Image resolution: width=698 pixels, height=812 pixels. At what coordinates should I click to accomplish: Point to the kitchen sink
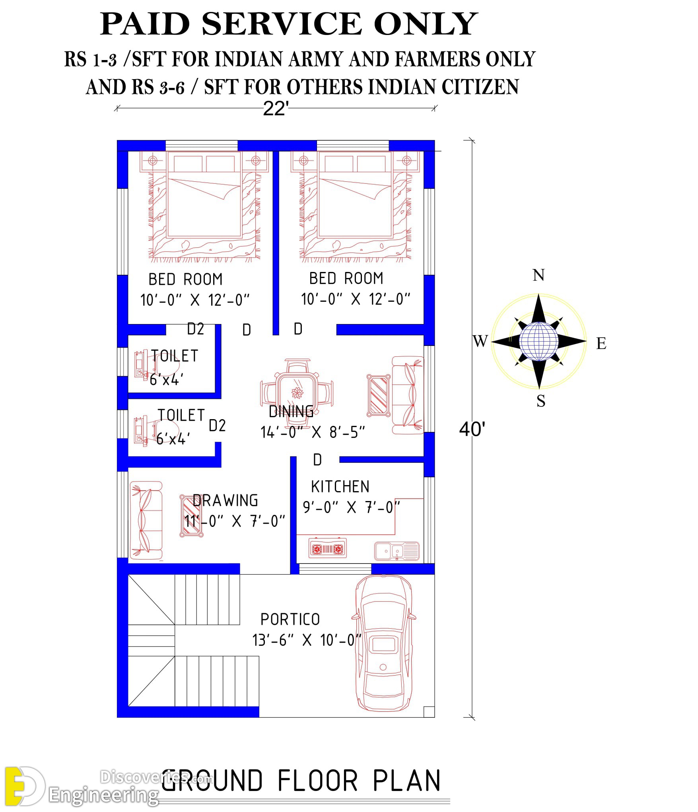click(x=397, y=551)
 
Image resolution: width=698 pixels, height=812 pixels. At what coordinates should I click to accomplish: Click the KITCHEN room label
click(x=340, y=487)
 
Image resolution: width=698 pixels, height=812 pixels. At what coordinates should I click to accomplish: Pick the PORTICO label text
click(x=290, y=619)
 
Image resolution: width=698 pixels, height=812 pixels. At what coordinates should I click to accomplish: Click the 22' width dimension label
click(x=275, y=109)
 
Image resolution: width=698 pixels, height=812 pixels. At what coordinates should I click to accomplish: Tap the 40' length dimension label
click(x=472, y=429)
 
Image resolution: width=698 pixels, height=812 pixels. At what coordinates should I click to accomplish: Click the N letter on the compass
click(x=539, y=275)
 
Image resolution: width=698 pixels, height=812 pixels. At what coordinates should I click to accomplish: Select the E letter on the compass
click(x=601, y=343)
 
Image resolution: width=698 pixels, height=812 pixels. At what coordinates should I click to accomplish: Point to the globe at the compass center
click(x=539, y=341)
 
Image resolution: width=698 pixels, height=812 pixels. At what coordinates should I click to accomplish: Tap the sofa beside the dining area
click(x=408, y=395)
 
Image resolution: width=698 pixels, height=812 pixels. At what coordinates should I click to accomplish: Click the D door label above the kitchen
click(x=317, y=460)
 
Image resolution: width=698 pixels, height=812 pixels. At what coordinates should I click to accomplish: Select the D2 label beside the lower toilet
click(x=217, y=425)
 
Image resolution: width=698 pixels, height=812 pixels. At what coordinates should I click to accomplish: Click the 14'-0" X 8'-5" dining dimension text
click(x=313, y=432)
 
